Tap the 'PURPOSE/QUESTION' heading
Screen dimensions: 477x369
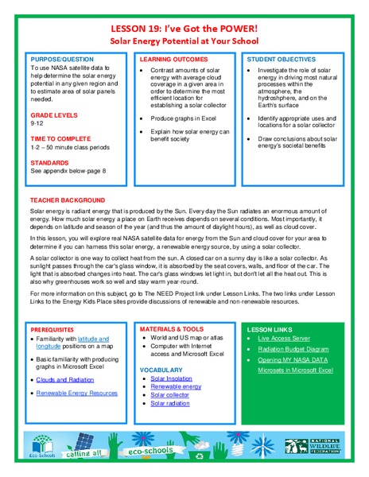click(62, 60)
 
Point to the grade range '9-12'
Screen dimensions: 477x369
click(37, 124)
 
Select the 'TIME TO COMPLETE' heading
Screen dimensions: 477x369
click(60, 139)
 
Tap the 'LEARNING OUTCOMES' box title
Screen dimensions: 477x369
click(175, 60)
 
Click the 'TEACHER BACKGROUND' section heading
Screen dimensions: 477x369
click(70, 200)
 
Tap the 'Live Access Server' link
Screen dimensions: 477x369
click(285, 338)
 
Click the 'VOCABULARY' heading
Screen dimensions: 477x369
click(161, 370)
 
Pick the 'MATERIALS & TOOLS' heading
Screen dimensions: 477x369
click(172, 328)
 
